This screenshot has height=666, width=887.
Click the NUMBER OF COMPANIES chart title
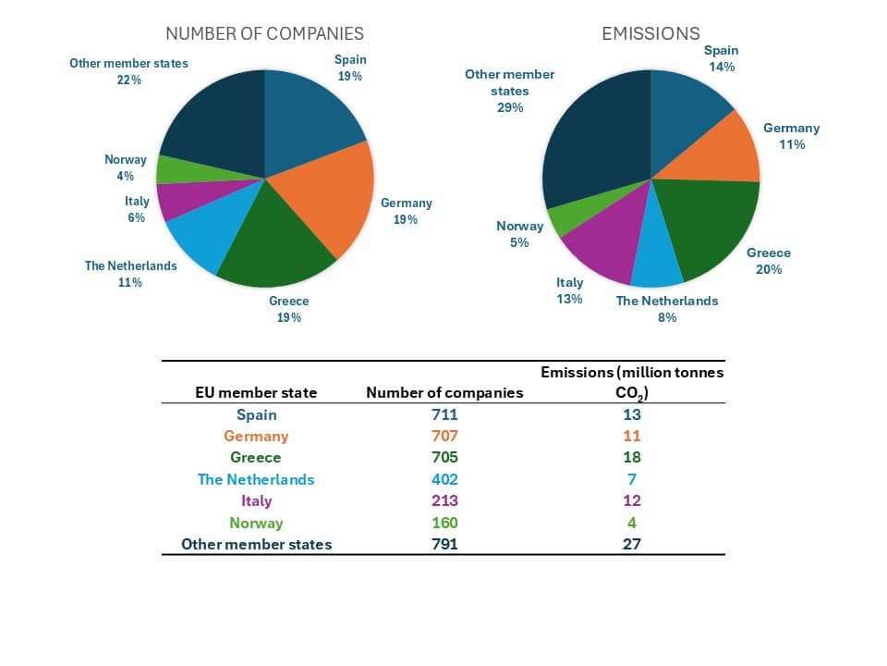pos(264,33)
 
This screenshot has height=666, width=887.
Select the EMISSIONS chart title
pos(650,33)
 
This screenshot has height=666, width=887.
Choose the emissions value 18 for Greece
pos(632,457)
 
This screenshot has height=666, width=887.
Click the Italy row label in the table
pos(256,500)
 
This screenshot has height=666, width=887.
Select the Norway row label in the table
pos(256,523)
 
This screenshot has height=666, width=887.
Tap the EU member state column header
pos(256,392)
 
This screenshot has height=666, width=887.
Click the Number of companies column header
pos(444,392)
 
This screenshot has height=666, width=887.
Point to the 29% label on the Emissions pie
pos(510,107)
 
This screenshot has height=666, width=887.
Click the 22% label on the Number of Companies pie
pos(129,80)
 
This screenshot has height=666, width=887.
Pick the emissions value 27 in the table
pos(632,544)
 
